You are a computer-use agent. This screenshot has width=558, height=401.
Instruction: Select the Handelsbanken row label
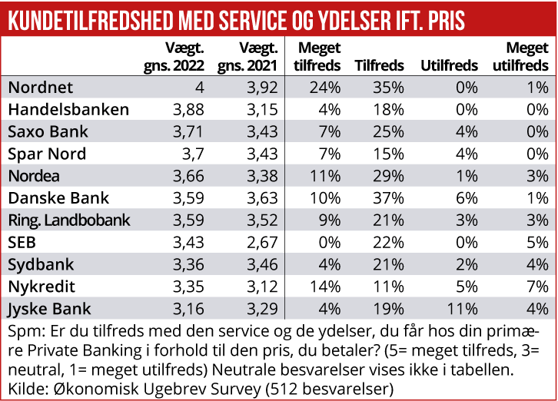pyautogui.click(x=68, y=109)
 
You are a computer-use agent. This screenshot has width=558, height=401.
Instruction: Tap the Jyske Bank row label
pyautogui.click(x=49, y=310)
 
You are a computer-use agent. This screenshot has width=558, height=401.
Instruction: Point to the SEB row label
pyautogui.click(x=23, y=243)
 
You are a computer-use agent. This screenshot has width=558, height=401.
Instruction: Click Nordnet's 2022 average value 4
pyautogui.click(x=199, y=87)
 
